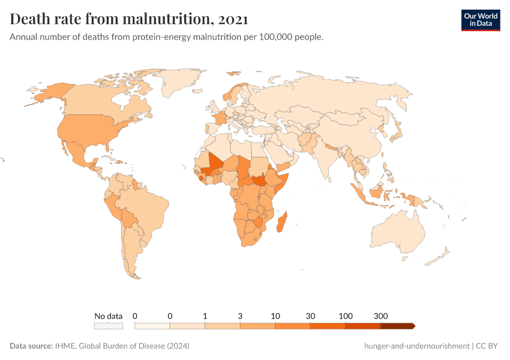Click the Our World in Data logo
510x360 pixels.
tap(480, 19)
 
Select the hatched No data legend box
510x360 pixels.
tap(108, 326)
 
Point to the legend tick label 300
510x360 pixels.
tap(380, 316)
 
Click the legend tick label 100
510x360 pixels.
tap(346, 316)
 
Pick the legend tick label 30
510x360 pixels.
tap(310, 316)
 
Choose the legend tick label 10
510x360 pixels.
tap(275, 316)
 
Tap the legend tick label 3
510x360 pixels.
tap(240, 316)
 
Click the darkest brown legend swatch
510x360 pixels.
tap(397, 326)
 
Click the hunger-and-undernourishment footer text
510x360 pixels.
tap(416, 346)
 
